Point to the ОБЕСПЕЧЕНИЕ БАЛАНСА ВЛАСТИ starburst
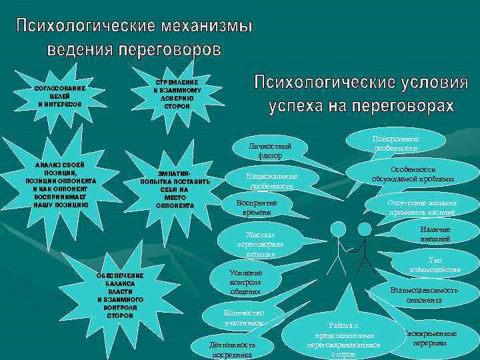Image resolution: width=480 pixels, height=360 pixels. (120, 293)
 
